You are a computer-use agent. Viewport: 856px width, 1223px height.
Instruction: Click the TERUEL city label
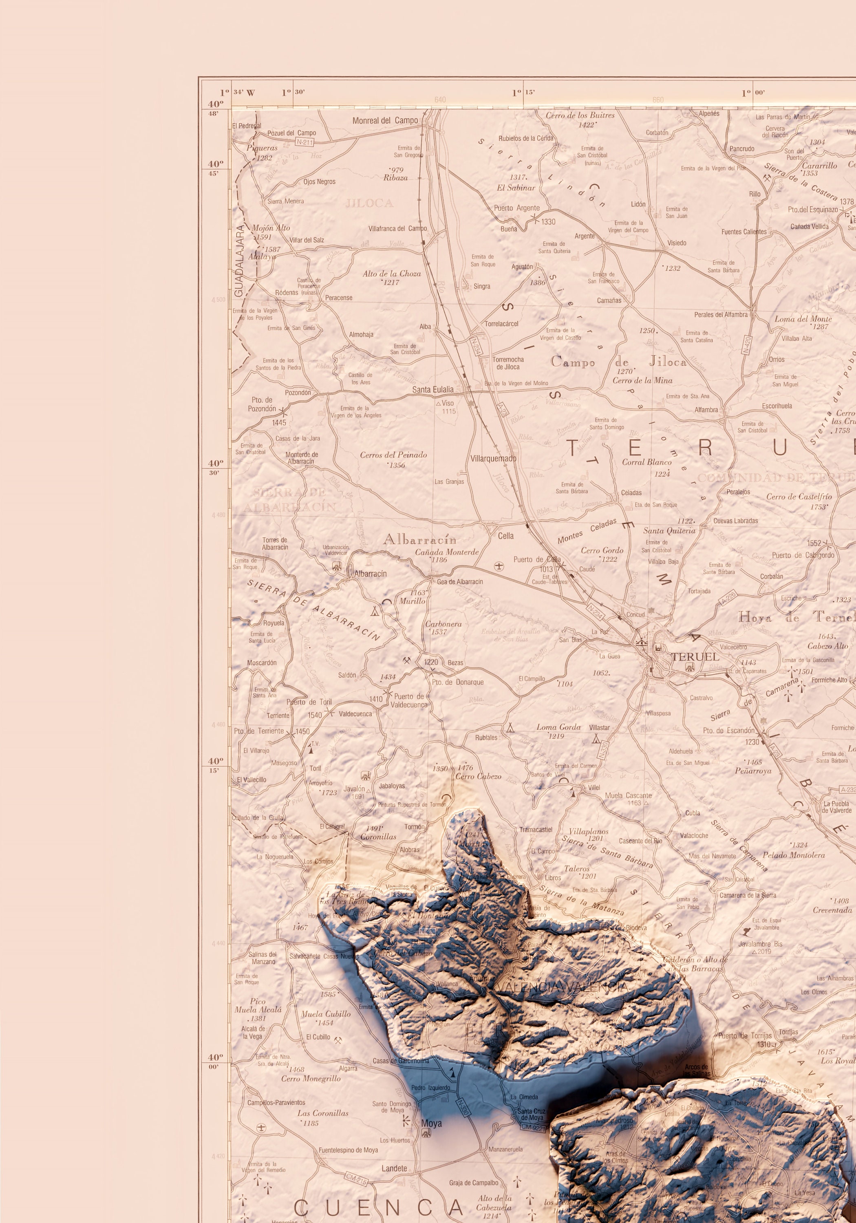pyautogui.click(x=695, y=657)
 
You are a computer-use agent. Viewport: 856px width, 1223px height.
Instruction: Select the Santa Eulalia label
pyautogui.click(x=432, y=389)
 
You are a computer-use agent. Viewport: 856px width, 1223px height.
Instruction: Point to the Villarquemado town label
pyautogui.click(x=493, y=459)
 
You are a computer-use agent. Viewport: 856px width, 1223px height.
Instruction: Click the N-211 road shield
pyautogui.click(x=304, y=142)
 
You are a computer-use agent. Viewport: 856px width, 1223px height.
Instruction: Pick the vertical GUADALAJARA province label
pyautogui.click(x=239, y=260)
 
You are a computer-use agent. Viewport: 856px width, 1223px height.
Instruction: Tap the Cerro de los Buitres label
pyautogui.click(x=580, y=115)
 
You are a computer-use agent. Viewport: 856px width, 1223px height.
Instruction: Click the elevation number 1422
pyautogui.click(x=587, y=125)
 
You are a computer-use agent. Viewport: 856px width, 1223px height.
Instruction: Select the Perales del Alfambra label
pyautogui.click(x=721, y=314)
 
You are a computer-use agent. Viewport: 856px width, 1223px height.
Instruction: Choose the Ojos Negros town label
pyautogui.click(x=319, y=182)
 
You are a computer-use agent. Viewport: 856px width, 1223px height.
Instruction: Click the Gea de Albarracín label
pyautogui.click(x=460, y=582)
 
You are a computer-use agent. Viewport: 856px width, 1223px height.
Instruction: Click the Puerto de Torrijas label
pyautogui.click(x=745, y=1036)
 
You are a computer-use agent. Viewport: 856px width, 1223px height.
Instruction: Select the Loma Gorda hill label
pyautogui.click(x=558, y=727)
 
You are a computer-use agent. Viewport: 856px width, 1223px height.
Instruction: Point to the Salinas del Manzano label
pyautogui.click(x=263, y=958)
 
